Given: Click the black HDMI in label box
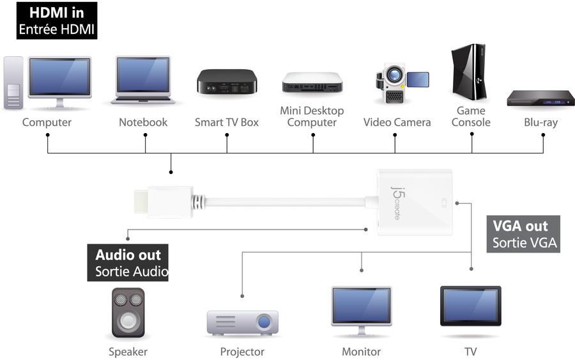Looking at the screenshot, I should coord(56,20).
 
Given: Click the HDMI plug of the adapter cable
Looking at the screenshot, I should coord(162,202).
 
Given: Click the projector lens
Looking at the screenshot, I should coord(263,321).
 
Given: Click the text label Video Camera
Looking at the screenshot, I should coord(397,122).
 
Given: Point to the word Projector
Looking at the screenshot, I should coord(242,352).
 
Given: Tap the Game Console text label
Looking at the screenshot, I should coord(471,116).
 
